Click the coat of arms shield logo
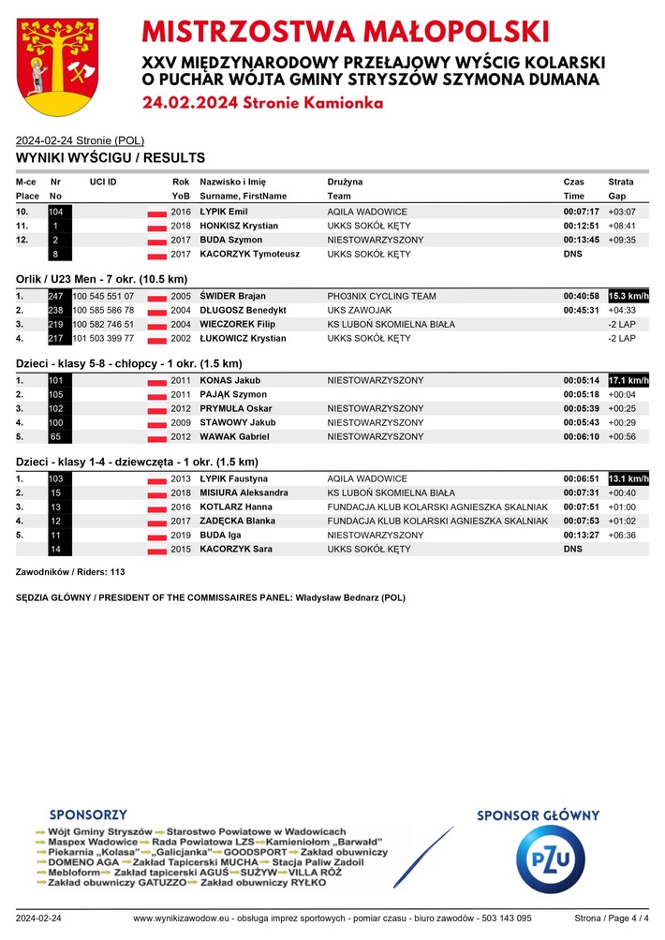(x=58, y=65)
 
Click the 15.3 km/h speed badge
(x=628, y=297)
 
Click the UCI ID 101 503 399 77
(x=103, y=339)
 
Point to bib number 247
(x=56, y=297)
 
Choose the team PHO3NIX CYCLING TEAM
(x=381, y=297)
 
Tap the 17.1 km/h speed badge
(x=628, y=381)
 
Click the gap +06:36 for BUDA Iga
(x=622, y=536)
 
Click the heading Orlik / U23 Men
(x=102, y=279)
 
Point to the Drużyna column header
(x=346, y=181)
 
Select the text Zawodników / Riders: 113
(x=71, y=571)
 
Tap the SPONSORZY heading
(x=88, y=815)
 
